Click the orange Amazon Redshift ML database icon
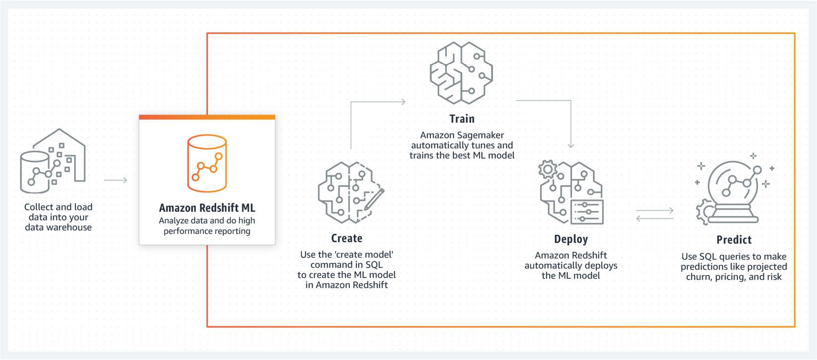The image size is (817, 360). tap(207, 163)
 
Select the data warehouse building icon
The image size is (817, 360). tap(53, 161)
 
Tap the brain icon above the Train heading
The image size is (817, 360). tap(461, 73)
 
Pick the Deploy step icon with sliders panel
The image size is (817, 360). tap(572, 192)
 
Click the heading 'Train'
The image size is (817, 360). tap(462, 119)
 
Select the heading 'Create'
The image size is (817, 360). tap(346, 239)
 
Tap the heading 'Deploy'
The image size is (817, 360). tap(571, 239)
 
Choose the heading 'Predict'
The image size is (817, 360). tap(734, 240)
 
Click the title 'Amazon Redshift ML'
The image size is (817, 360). tap(207, 208)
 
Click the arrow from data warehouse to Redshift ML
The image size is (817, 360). tap(116, 180)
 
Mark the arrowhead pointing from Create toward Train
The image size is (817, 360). tap(403, 101)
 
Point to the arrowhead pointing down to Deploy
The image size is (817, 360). tap(571, 145)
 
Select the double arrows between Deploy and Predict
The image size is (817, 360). tap(655, 215)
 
